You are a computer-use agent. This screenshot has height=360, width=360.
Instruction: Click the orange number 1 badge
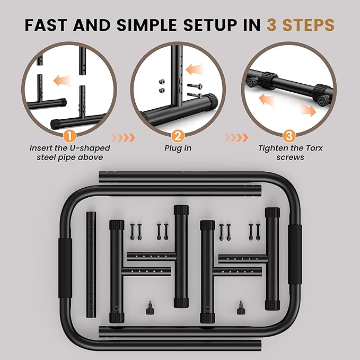pos(71,136)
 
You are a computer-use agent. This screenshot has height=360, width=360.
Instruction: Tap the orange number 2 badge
pos(178,136)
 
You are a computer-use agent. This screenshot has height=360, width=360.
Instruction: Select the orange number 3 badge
pos(289,136)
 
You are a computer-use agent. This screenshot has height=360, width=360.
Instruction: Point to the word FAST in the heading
pos(46,25)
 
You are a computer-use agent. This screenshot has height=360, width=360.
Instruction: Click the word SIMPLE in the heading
pos(147,25)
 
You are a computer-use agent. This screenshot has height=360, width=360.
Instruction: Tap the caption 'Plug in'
pos(178,148)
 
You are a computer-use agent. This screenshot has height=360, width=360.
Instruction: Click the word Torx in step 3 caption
pos(314,148)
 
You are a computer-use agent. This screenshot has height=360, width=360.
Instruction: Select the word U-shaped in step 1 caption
pos(89,148)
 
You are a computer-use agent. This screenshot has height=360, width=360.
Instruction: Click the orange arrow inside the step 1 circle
pos(62,81)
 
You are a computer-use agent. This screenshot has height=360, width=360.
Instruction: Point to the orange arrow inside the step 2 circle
pos(195,69)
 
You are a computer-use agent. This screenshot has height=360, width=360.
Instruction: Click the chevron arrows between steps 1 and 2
pos(123,137)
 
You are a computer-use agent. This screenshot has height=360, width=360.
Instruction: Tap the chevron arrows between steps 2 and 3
pos(236,137)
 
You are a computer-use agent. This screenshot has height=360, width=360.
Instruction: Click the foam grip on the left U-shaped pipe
pos(65,268)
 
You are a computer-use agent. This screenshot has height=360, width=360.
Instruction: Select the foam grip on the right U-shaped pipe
pos(295,254)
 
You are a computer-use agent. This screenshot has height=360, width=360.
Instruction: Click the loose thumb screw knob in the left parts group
pos(150,309)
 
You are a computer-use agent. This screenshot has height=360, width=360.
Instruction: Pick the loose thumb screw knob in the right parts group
pos(241,309)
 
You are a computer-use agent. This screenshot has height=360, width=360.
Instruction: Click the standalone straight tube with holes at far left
pos(91,265)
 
